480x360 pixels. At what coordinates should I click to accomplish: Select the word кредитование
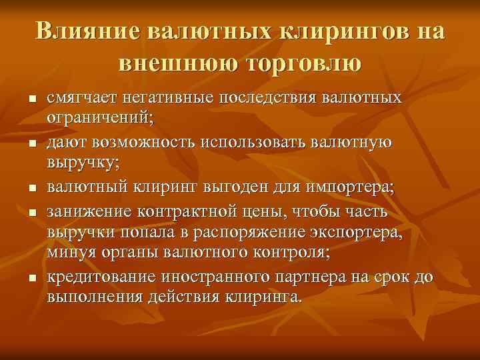point(98,277)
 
